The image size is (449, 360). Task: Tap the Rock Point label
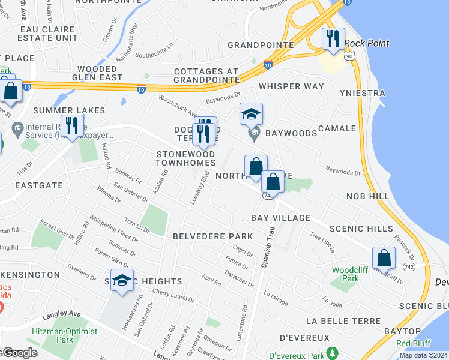[x=367, y=43]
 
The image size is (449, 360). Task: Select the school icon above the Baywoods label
[x=252, y=114]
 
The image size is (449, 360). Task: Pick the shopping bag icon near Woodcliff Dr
[x=384, y=258]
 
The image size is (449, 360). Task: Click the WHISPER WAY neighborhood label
[x=291, y=86]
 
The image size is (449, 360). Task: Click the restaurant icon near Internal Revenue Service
[x=72, y=126]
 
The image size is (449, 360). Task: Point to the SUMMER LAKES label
[x=69, y=110]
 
